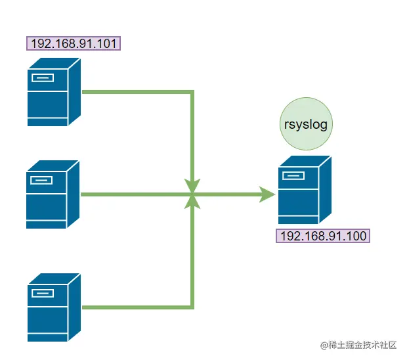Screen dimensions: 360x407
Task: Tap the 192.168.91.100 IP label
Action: pyautogui.click(x=323, y=236)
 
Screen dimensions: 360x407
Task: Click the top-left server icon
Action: pyautogui.click(x=53, y=92)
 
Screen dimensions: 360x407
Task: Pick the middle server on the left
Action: pyautogui.click(x=52, y=195)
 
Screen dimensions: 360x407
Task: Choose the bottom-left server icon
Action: pyautogui.click(x=53, y=307)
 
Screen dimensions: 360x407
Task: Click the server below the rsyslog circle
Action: pyautogui.click(x=303, y=190)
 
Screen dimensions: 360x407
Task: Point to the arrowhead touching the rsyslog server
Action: pyautogui.click(x=267, y=194)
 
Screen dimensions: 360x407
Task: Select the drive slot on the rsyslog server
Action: pyautogui.click(x=294, y=175)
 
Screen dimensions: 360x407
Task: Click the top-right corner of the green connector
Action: pyautogui.click(x=192, y=92)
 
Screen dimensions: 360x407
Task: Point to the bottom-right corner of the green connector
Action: pyautogui.click(x=192, y=307)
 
